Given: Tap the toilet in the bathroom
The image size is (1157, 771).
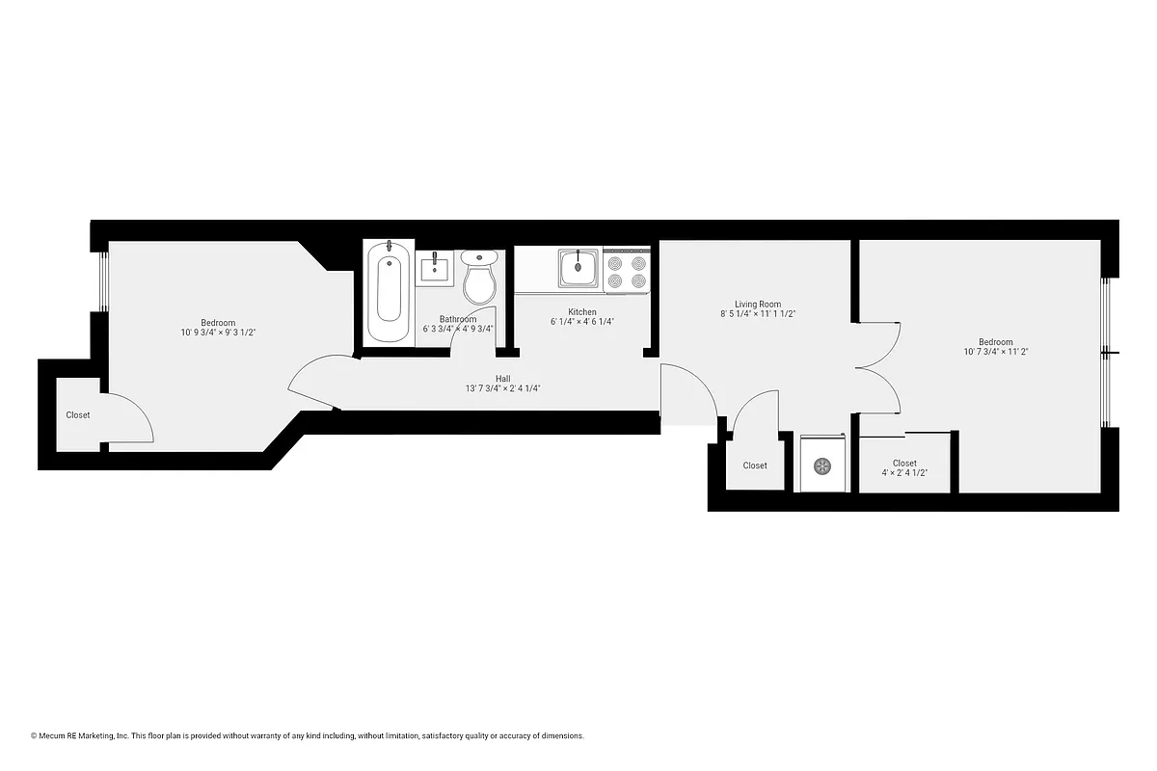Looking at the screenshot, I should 479,277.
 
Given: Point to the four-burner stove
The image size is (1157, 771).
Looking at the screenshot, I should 627,271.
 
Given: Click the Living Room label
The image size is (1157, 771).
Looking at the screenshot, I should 757,304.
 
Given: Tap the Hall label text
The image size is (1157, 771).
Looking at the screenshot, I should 503,379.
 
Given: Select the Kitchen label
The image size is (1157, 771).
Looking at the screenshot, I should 581,312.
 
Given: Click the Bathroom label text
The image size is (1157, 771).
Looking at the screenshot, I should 458,319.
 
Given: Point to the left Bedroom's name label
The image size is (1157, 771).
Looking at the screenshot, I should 218,322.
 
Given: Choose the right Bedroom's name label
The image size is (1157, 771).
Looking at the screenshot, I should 995,341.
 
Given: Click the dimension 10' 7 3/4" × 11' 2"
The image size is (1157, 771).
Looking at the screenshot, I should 995,352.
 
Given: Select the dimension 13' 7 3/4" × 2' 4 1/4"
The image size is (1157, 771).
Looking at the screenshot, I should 503,389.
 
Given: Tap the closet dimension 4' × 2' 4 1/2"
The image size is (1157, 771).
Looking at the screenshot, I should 904,473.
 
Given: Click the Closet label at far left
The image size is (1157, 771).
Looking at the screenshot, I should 78,415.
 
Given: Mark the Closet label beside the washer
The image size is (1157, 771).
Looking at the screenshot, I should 755,465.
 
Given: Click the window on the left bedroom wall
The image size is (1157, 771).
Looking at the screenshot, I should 99,281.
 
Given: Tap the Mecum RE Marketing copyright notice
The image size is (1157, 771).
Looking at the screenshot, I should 308,735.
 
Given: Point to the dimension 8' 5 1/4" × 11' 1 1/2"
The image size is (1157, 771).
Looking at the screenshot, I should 757,313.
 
